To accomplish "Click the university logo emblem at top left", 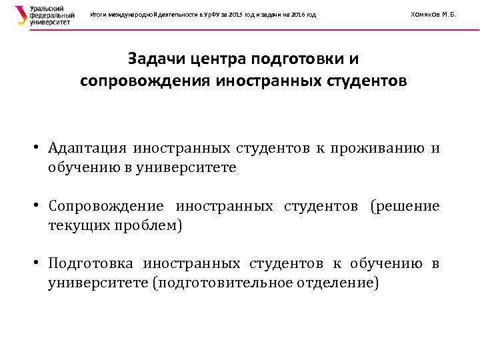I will [21, 15].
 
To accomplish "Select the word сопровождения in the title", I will [140, 81].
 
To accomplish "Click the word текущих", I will [72, 225].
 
